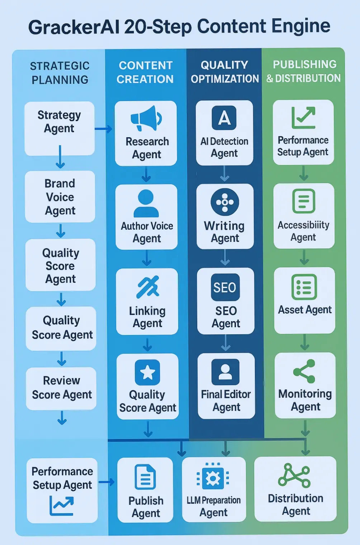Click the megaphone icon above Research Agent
click(146, 118)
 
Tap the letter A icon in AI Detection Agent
click(224, 118)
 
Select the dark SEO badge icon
click(225, 287)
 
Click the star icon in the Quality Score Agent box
click(147, 372)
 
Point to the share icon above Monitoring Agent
click(304, 372)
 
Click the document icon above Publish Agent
click(145, 477)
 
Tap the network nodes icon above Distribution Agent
click(294, 475)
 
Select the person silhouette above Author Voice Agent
click(146, 203)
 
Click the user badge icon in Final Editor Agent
click(225, 372)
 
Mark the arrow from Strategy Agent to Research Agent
click(104, 129)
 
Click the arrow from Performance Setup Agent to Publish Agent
click(106, 482)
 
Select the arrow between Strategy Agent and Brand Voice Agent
click(60, 157)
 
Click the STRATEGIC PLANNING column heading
click(60, 73)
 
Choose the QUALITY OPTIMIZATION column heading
click(224, 72)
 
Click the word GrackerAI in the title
click(74, 27)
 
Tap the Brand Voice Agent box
click(60, 197)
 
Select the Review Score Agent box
click(61, 388)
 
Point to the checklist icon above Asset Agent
click(304, 287)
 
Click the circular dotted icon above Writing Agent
click(225, 202)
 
